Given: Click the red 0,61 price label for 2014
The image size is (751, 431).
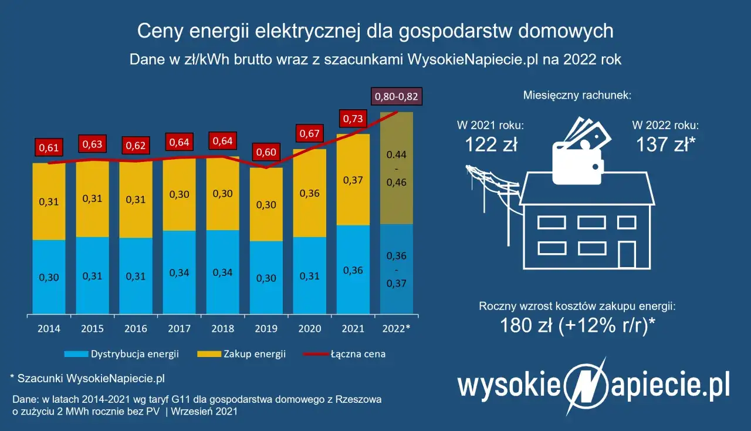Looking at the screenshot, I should (49, 147).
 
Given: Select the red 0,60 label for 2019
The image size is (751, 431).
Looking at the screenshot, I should (266, 153).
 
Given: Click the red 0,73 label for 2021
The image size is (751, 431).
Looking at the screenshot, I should (353, 119).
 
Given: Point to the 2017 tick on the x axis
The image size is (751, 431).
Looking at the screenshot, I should (179, 328).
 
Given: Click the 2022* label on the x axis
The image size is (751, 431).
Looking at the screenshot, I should (396, 328).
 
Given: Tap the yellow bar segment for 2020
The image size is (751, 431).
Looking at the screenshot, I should (309, 193).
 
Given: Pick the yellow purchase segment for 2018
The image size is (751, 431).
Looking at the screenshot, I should (222, 194).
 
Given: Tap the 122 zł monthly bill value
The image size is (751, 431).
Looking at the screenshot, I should (490, 144).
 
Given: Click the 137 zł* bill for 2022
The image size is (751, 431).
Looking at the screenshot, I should (665, 144).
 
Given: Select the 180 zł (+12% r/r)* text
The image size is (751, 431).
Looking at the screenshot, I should (578, 324).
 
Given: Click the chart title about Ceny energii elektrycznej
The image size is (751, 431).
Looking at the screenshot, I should (375, 31).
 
